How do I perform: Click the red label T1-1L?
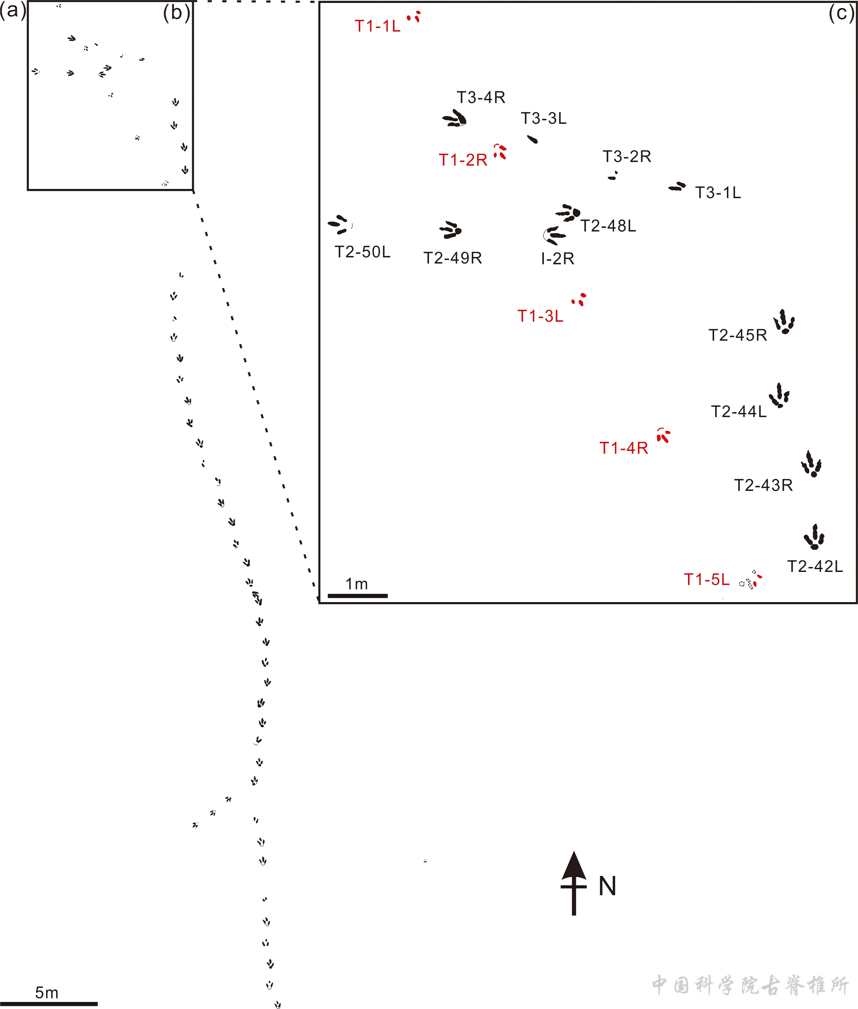point(377,26)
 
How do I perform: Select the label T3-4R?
point(481,97)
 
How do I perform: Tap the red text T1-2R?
point(463,160)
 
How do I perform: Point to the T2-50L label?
point(362,252)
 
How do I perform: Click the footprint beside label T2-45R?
point(784,322)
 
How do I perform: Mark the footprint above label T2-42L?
point(814,537)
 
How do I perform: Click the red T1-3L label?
point(540,316)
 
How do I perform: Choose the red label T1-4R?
point(624,448)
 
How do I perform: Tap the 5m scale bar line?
point(49,1003)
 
